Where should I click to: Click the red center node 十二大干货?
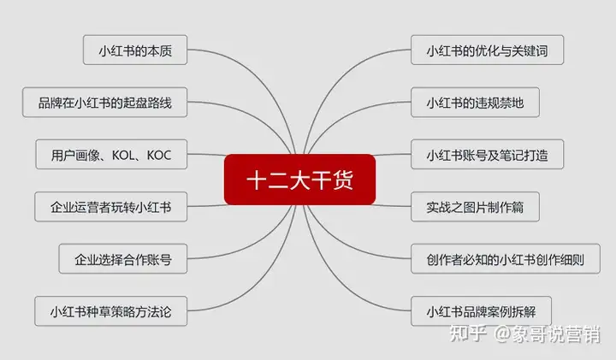pyautogui.click(x=299, y=180)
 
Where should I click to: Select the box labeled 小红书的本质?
pyautogui.click(x=135, y=50)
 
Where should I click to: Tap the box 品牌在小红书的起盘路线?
pyautogui.click(x=105, y=102)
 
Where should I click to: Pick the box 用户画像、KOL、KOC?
pyautogui.click(x=111, y=154)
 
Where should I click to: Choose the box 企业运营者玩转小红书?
pyautogui.click(x=110, y=206)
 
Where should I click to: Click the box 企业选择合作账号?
pyautogui.click(x=123, y=259)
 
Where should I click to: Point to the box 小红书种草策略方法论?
pyautogui.click(x=110, y=311)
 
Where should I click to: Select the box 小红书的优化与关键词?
pyautogui.click(x=487, y=50)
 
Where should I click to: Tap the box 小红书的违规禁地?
pyautogui.click(x=475, y=102)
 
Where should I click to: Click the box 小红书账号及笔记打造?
pyautogui.click(x=487, y=154)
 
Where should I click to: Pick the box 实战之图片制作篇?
pyautogui.click(x=475, y=206)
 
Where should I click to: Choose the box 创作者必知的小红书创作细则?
pyautogui.click(x=506, y=259)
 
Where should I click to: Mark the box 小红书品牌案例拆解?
pyautogui.click(x=481, y=311)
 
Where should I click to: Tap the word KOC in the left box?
pyautogui.click(x=159, y=155)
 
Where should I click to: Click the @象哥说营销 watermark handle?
pyautogui.click(x=548, y=334)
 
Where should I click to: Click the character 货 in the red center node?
pyautogui.click(x=342, y=180)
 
